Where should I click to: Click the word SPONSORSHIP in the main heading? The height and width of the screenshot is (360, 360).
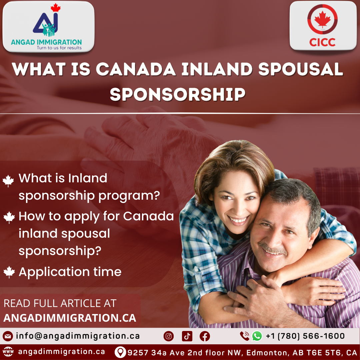(177, 94)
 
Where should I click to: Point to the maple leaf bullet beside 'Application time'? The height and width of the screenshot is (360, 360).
(9, 272)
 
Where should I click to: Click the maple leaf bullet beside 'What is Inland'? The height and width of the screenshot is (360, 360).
(8, 180)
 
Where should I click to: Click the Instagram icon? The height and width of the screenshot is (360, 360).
(169, 336)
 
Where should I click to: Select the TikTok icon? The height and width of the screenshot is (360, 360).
(187, 336)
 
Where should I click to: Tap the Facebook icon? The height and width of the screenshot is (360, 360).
(205, 336)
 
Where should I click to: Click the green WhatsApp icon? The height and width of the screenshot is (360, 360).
(257, 336)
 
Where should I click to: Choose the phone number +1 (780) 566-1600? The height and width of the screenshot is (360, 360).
(305, 336)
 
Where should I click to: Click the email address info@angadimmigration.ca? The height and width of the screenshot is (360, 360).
(78, 336)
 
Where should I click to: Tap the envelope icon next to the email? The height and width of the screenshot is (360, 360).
(8, 336)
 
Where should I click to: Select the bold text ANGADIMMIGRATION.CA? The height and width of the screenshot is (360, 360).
(70, 318)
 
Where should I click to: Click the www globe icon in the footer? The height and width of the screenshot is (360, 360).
(8, 352)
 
